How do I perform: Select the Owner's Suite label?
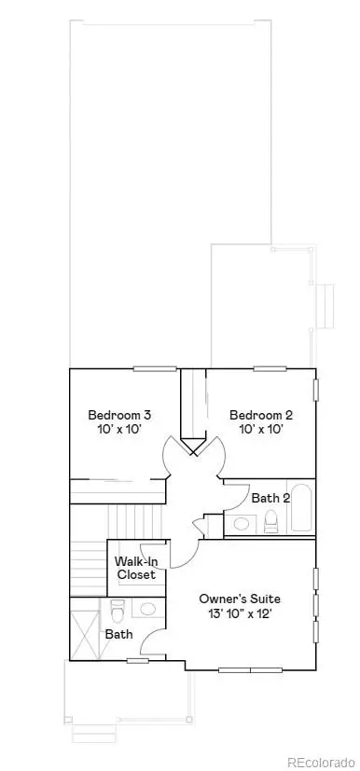[241, 598]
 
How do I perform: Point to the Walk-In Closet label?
[136, 568]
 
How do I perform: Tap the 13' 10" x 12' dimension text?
[241, 614]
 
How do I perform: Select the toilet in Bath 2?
[271, 520]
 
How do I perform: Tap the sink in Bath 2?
[242, 523]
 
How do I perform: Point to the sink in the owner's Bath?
[146, 610]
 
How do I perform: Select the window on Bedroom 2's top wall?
[269, 369]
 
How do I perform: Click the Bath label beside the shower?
[118, 634]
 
